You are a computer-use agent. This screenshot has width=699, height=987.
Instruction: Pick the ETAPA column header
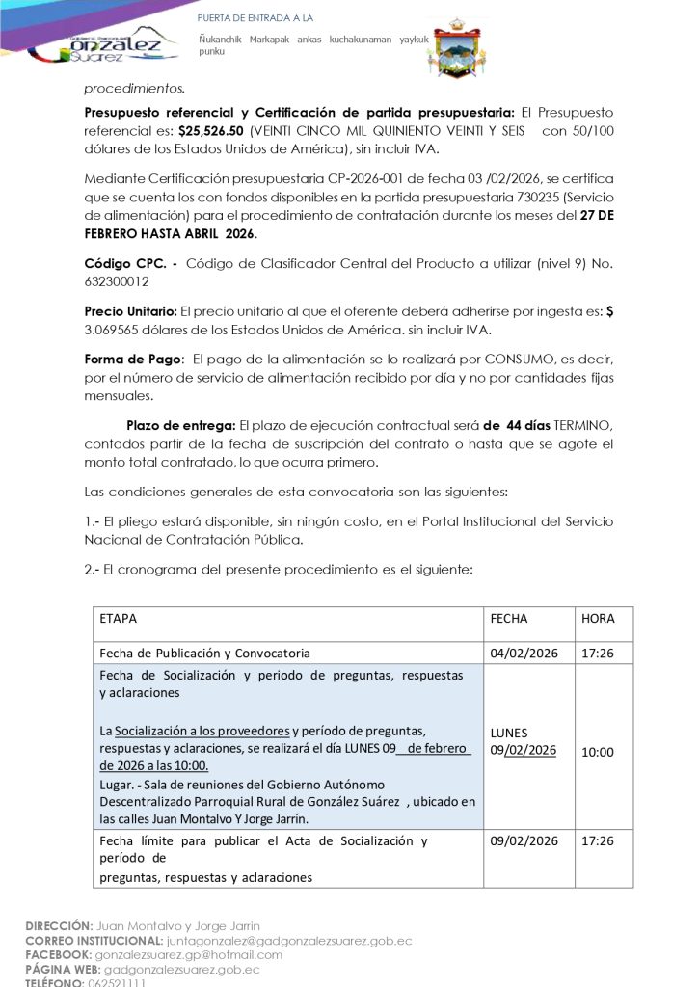(x=118, y=619)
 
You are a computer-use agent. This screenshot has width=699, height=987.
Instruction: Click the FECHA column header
(x=508, y=619)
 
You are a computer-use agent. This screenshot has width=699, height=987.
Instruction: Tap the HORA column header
(x=598, y=619)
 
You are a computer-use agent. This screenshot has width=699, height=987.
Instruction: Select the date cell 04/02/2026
(x=523, y=653)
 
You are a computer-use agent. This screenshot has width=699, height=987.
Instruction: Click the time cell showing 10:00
(x=597, y=752)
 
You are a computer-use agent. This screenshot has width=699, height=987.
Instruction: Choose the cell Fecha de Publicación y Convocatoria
(x=204, y=653)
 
